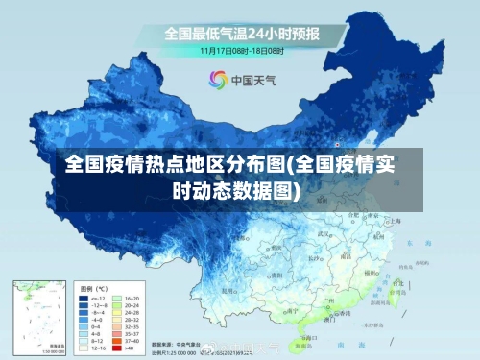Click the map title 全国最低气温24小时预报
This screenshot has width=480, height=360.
[241, 34]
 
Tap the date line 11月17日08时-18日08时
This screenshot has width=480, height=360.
[240, 49]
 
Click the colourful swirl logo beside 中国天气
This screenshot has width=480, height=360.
[217, 80]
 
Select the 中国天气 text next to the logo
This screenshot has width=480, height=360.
[252, 80]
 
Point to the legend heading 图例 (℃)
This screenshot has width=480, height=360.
[93, 287]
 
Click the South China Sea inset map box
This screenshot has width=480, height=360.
[39, 316]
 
